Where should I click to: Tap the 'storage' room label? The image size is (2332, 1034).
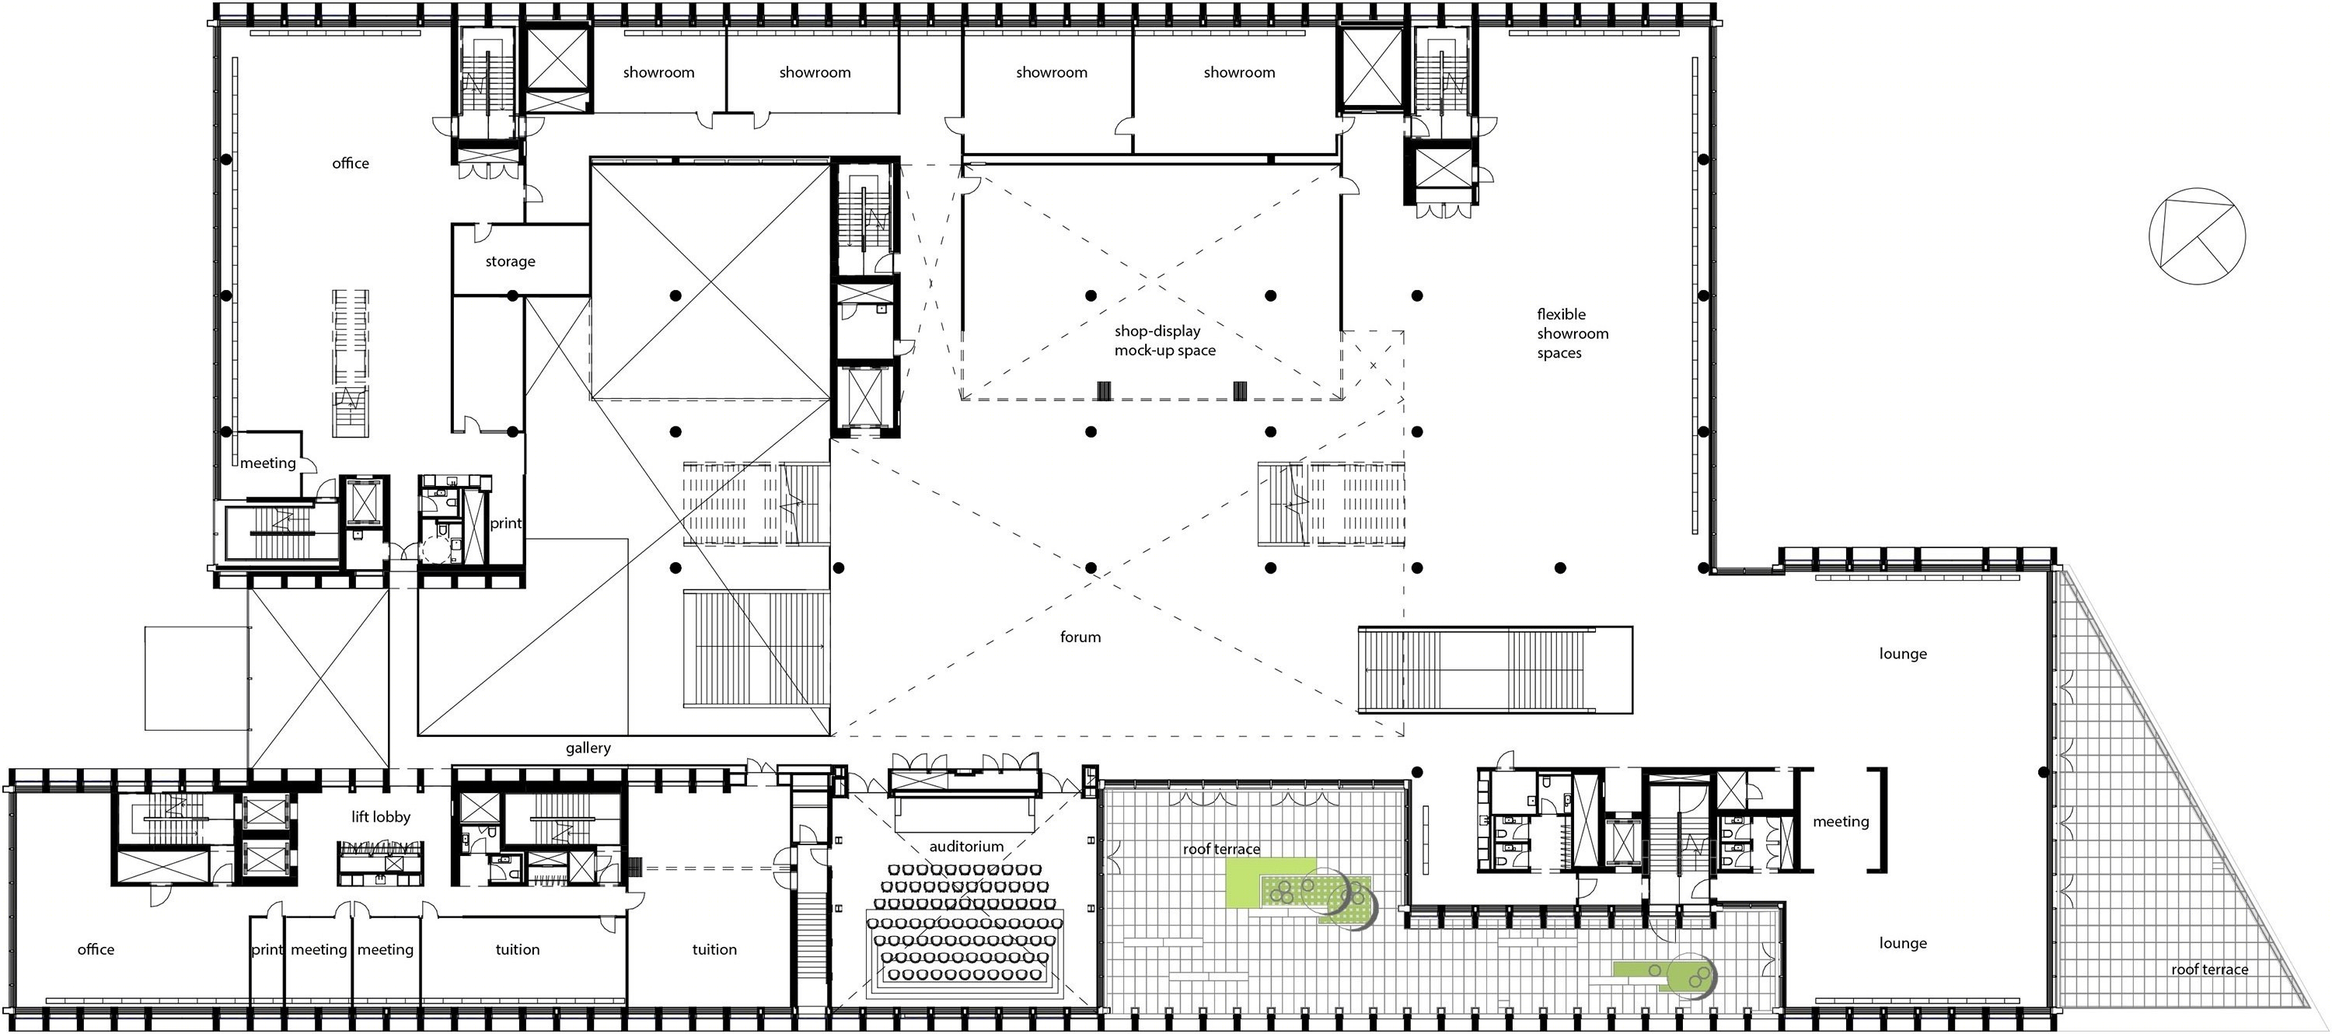(x=510, y=262)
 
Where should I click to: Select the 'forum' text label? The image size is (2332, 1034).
(x=1080, y=638)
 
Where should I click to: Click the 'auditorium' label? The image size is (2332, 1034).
(x=966, y=847)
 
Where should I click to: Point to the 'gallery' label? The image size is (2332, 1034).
(x=588, y=748)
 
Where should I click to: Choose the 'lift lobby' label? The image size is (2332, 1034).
(x=380, y=816)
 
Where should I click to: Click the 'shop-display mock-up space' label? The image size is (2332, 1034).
(x=1164, y=341)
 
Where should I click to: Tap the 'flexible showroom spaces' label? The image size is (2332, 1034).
(x=1573, y=334)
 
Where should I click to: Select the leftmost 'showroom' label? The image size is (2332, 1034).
(x=658, y=72)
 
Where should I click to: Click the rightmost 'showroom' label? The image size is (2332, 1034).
(x=1238, y=72)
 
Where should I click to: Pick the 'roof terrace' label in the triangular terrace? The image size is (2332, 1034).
(x=2209, y=969)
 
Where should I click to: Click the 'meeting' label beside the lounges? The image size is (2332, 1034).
(x=1841, y=822)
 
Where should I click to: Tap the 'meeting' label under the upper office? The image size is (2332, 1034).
(x=268, y=463)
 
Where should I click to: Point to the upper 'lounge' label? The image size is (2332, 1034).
(x=1903, y=654)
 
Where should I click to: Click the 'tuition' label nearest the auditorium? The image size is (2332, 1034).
(x=714, y=950)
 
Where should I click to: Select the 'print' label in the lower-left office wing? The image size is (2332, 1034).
(x=267, y=951)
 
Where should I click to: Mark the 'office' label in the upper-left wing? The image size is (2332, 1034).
(x=351, y=163)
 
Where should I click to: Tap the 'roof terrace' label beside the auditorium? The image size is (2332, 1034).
(x=1221, y=849)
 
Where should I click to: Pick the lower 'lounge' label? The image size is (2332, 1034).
(x=1903, y=944)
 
